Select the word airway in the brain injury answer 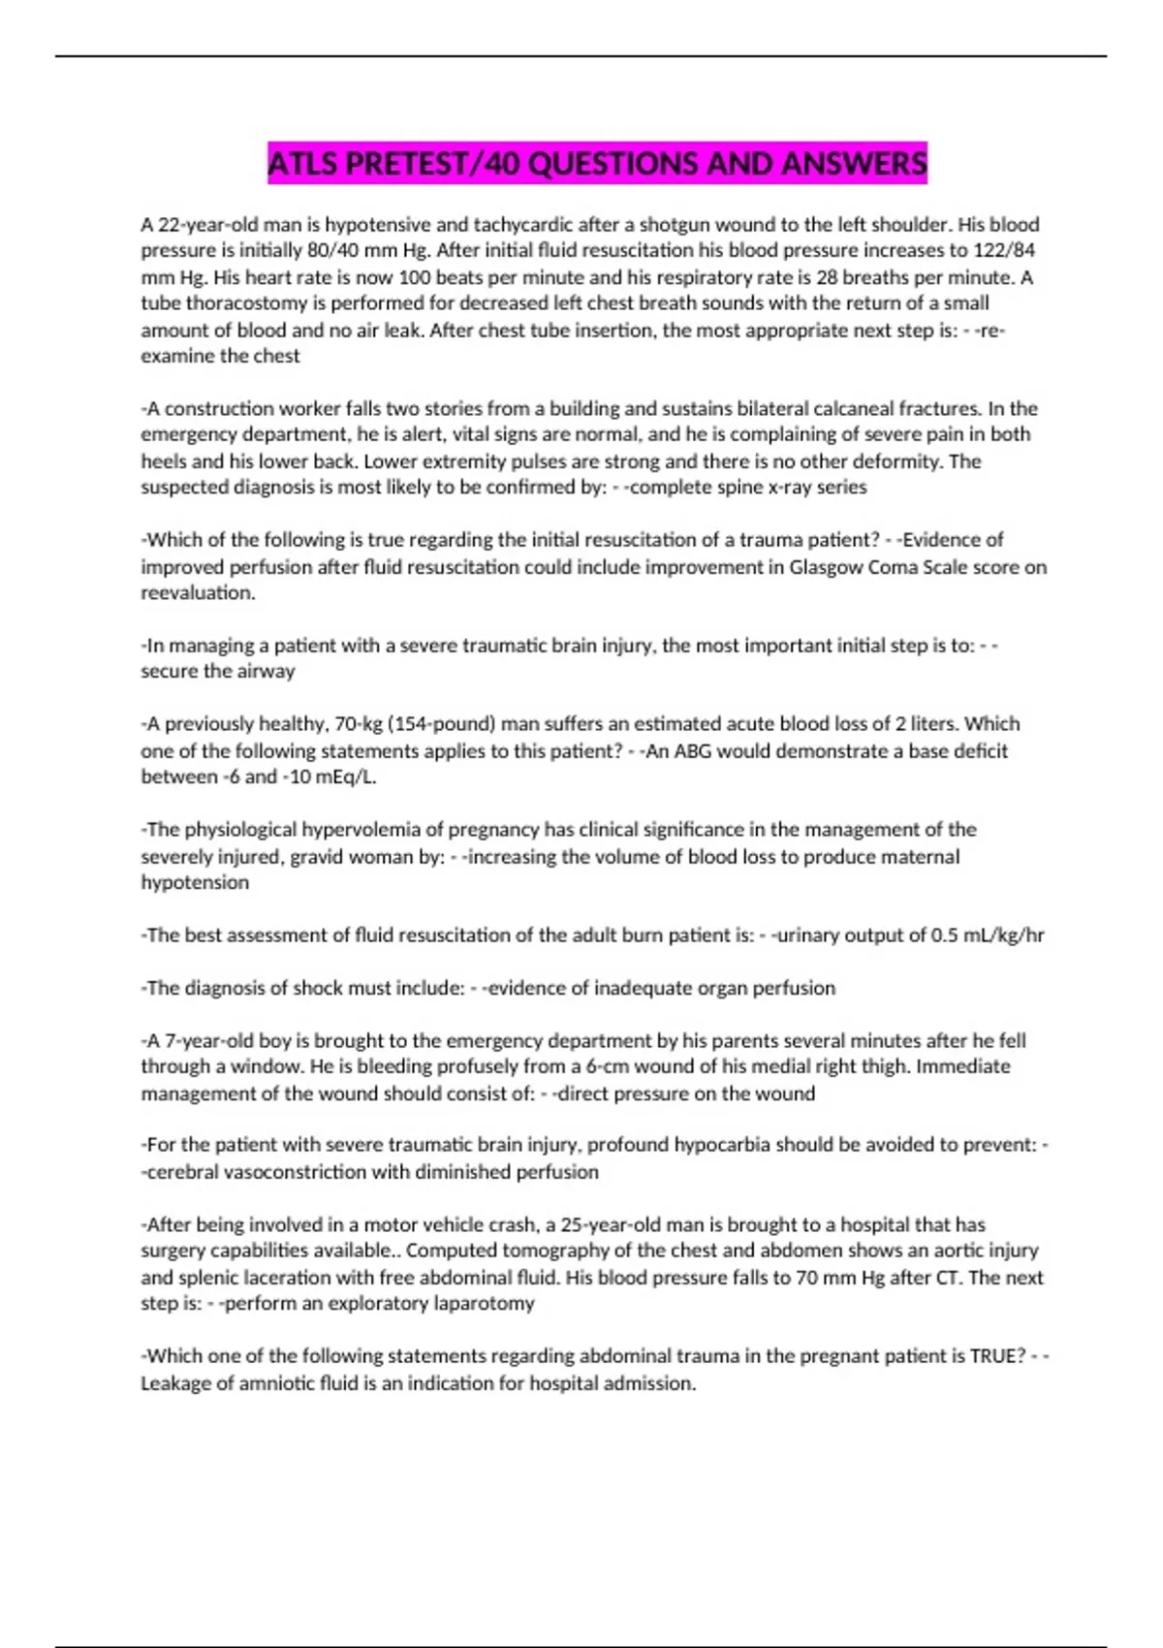[x=266, y=671]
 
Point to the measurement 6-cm [x=606, y=1066]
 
